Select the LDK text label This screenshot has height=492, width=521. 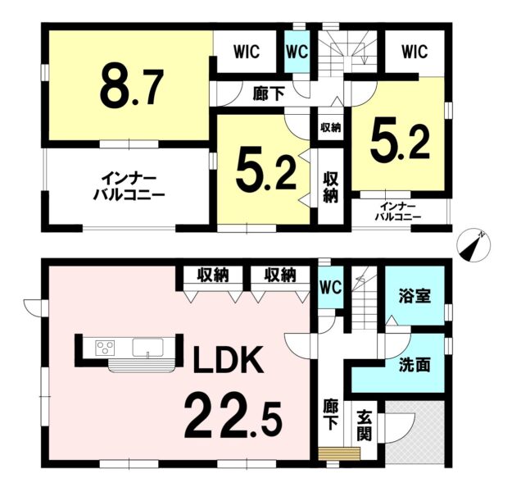pos(229,360)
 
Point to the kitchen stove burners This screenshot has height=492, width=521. pos(105,348)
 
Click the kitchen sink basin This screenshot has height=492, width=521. pos(147,348)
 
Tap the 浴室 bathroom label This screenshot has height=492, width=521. pos(415,296)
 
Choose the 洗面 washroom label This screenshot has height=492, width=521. pos(415,365)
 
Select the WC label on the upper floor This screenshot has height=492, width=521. pos(297,52)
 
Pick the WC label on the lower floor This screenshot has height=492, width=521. pos(331,287)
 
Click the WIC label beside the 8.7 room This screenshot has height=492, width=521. pos(247,52)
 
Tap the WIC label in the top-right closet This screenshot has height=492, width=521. pos(415,52)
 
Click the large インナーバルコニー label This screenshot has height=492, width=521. pos(129,186)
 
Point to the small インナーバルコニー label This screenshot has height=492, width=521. pos(398,212)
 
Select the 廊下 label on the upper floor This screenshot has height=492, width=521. pos(269,94)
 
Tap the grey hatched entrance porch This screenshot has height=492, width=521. pos(415,431)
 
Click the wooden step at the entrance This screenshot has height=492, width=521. pos(339,453)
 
